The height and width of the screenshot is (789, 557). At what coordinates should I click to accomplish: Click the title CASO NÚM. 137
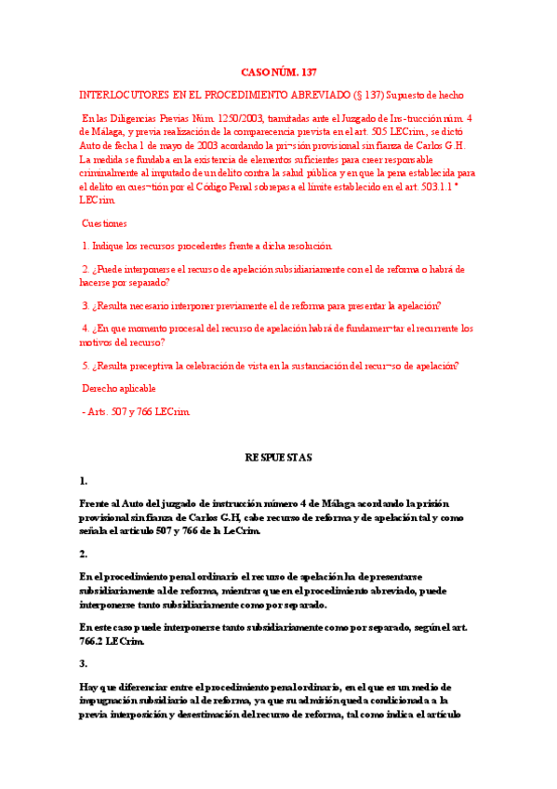tap(278, 72)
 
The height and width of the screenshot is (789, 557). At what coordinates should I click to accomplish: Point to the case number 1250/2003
tap(238, 119)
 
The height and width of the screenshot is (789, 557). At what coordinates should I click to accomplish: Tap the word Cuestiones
tap(105, 223)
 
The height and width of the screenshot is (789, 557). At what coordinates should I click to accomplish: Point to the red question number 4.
tap(85, 328)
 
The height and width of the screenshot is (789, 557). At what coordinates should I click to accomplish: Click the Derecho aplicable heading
tap(119, 388)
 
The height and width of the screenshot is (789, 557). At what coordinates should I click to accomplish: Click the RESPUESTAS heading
tap(278, 458)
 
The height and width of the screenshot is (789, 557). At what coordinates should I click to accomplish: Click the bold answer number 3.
tap(83, 663)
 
